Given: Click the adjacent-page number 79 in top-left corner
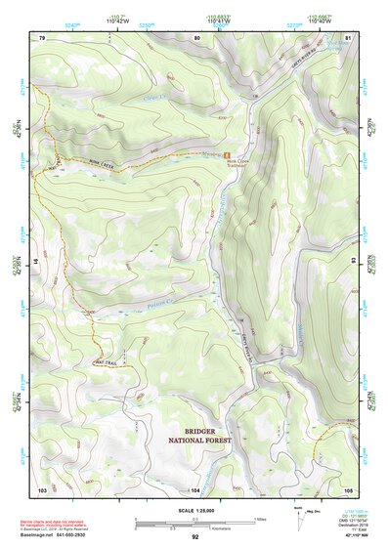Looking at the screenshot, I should pyautogui.click(x=42, y=37).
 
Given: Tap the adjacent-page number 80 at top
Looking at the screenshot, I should pyautogui.click(x=195, y=37).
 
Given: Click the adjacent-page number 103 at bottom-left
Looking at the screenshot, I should pyautogui.click(x=42, y=488).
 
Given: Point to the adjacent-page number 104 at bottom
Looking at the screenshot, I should pyautogui.click(x=195, y=488).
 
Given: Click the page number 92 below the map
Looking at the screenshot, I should pyautogui.click(x=194, y=536).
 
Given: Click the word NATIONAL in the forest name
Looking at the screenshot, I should pyautogui.click(x=211, y=442).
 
